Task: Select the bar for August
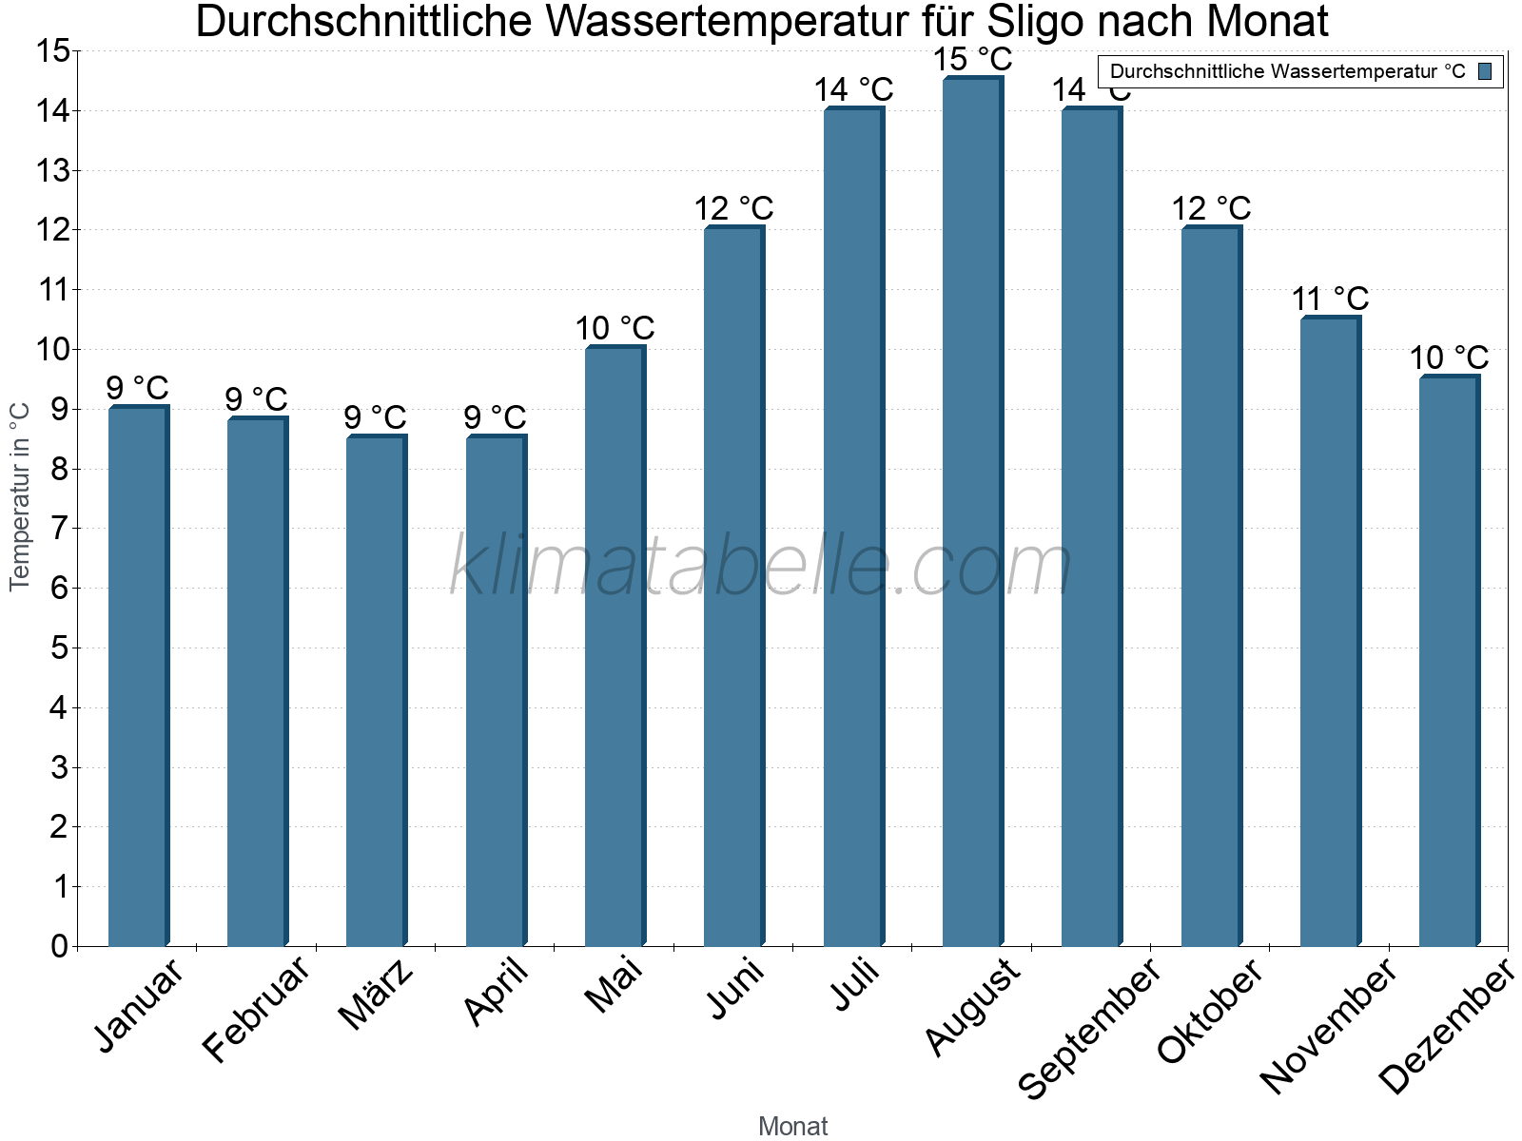[x=972, y=513]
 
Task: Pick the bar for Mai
[x=615, y=647]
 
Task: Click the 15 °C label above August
[x=972, y=60]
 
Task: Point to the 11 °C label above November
[x=1330, y=300]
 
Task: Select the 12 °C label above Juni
[x=733, y=209]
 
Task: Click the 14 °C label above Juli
[x=853, y=90]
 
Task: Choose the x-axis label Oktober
[x=1210, y=1012]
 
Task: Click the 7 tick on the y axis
[x=59, y=529]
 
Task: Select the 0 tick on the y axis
[x=59, y=946]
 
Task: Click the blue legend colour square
[x=1486, y=71]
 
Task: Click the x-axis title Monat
[x=792, y=1127]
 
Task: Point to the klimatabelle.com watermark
[x=761, y=567]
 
